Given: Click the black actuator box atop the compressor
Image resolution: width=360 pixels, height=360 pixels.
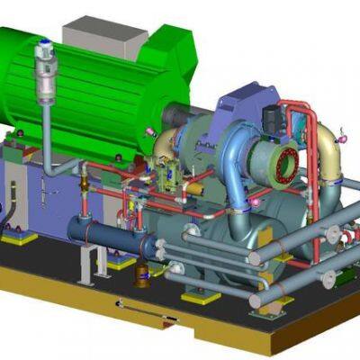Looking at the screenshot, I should pos(271,117).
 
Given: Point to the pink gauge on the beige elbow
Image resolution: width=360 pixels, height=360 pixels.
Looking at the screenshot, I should pos(343,139).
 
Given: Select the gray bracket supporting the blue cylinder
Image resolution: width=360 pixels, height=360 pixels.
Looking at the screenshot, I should pos(86,263).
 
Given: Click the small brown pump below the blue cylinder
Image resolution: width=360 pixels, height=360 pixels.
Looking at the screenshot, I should pos(141,274).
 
